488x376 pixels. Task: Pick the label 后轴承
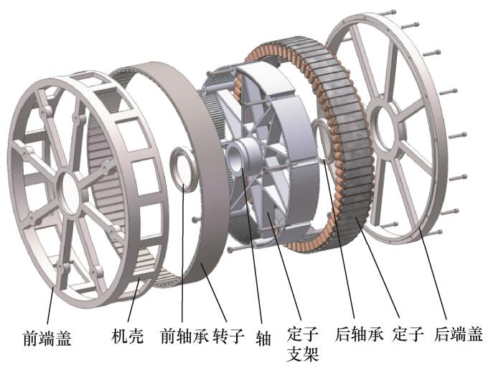(x=359, y=335)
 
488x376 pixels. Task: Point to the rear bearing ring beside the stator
(x=324, y=139)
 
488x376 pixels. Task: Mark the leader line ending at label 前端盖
(x=51, y=302)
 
